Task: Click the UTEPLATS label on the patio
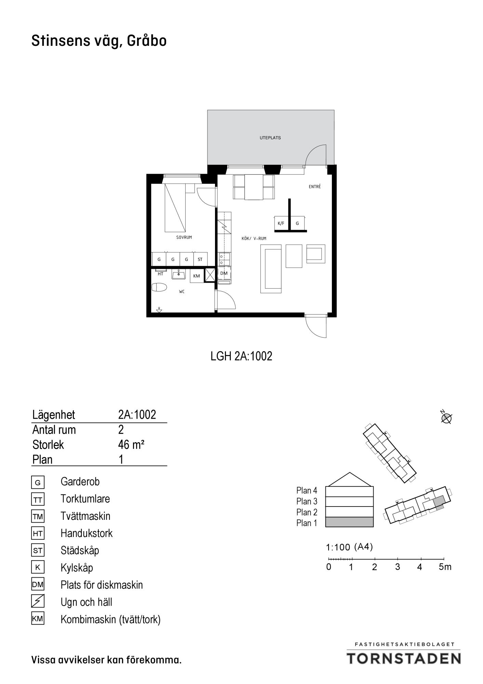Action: point(270,138)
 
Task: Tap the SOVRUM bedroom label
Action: point(184,237)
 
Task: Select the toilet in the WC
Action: point(159,287)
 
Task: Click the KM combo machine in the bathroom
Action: point(197,276)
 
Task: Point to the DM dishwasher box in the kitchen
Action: point(224,273)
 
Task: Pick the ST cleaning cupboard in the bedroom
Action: point(200,259)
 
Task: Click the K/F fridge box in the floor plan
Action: point(281,223)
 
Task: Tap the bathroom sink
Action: point(178,274)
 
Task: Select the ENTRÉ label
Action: point(314,187)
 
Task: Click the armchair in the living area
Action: point(316,254)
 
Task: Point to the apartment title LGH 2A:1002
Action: point(241,356)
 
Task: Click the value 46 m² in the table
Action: point(131,445)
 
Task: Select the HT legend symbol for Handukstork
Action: point(38,534)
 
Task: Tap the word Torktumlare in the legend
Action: point(85,499)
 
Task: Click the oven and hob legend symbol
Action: point(38,602)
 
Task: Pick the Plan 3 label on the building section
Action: point(307,501)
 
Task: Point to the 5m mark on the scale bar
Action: point(445,567)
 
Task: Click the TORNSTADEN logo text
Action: point(404,658)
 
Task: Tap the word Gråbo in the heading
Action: point(147,41)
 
